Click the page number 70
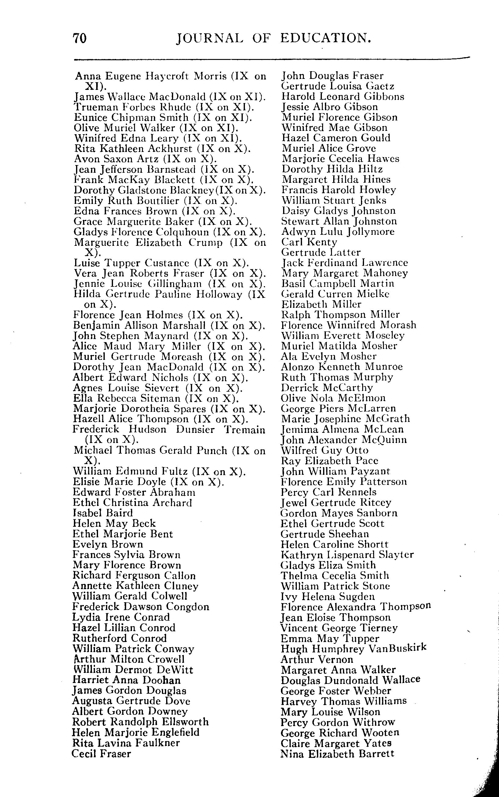coord(80,38)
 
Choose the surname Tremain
coord(245,430)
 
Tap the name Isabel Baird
coord(103,513)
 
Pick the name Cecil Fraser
coord(101,753)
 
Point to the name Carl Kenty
coord(309,242)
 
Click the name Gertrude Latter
coord(321,252)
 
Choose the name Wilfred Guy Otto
coord(324,450)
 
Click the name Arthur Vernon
coord(317,659)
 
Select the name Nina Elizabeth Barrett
coord(337,753)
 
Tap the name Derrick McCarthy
coord(327,387)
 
